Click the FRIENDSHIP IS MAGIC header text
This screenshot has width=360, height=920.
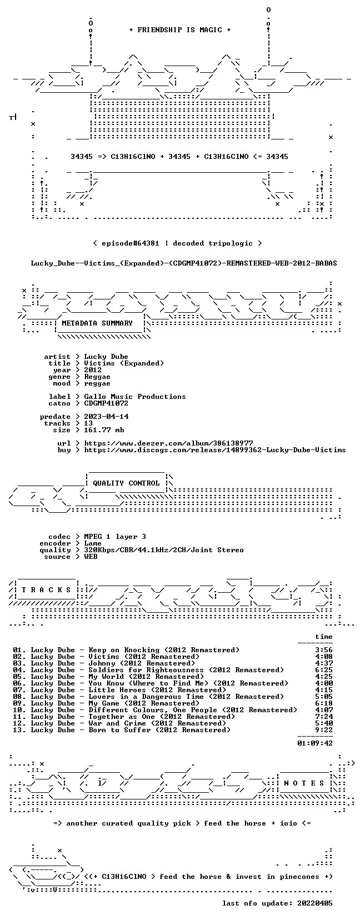click(x=180, y=30)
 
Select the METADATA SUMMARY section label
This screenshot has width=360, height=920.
click(x=97, y=323)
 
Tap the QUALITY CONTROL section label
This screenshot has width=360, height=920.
click(x=126, y=483)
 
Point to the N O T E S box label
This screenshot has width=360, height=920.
click(x=304, y=783)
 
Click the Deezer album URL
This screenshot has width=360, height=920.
click(x=169, y=443)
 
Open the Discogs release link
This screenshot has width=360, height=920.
click(x=214, y=450)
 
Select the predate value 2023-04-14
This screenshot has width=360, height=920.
click(x=106, y=417)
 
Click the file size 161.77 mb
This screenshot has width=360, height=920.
click(x=104, y=430)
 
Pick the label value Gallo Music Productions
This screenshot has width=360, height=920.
click(x=135, y=397)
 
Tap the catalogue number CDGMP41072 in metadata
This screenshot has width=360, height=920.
click(x=106, y=403)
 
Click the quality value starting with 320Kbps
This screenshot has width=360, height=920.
click(x=164, y=550)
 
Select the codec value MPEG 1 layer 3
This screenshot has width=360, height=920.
click(x=115, y=537)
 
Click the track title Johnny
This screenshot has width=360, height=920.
click(x=102, y=663)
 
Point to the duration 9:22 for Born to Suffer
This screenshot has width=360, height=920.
click(x=324, y=730)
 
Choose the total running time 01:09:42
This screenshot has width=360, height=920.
click(x=315, y=743)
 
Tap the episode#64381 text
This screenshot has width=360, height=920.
click(x=131, y=243)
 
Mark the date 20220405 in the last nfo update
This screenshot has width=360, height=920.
click(x=315, y=903)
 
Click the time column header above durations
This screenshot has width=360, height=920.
click(x=324, y=637)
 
